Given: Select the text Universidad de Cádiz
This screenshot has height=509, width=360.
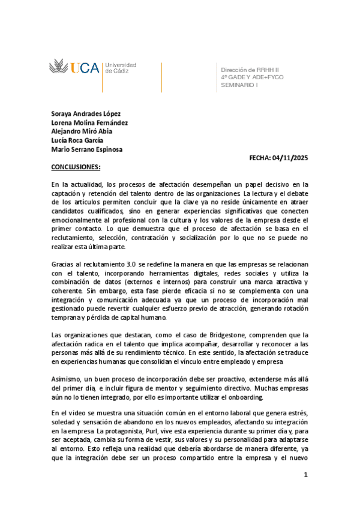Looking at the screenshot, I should pyautogui.click(x=121, y=67).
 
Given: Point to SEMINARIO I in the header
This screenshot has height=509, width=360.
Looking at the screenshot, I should pyautogui.click(x=239, y=85).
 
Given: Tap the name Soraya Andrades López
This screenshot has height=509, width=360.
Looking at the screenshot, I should pyautogui.click(x=86, y=113).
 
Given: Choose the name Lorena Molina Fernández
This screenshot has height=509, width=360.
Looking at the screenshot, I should pyautogui.click(x=89, y=122).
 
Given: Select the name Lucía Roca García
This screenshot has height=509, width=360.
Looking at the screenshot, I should pyautogui.click(x=77, y=140).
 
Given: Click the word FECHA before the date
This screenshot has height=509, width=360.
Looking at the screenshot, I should pyautogui.click(x=260, y=158).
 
